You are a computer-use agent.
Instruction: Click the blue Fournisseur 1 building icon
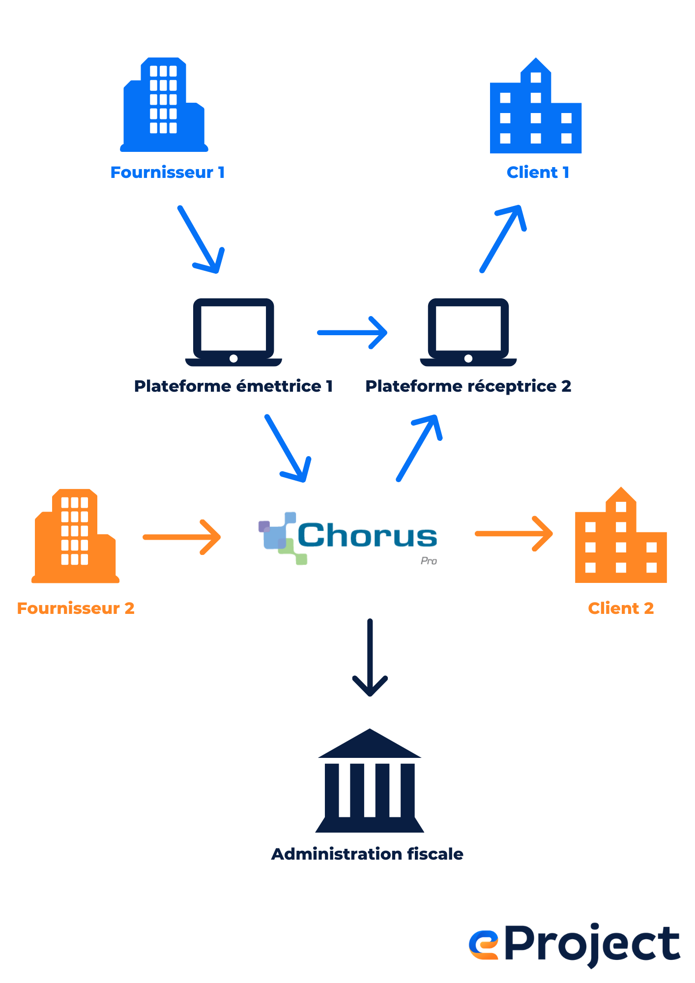coord(164,106)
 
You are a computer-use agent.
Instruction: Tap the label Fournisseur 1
coord(167,173)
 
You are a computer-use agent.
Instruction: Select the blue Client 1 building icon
coord(536,108)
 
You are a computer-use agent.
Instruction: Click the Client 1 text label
coord(538,173)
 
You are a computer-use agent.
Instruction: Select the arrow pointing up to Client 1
coord(503,239)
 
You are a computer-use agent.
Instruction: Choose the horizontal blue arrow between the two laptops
coord(352,333)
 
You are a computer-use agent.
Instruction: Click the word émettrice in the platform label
coord(279,386)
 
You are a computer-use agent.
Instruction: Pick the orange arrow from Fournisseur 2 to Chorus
coord(182,537)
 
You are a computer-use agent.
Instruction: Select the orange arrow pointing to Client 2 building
coord(514,534)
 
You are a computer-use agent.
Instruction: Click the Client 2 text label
coord(620,608)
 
